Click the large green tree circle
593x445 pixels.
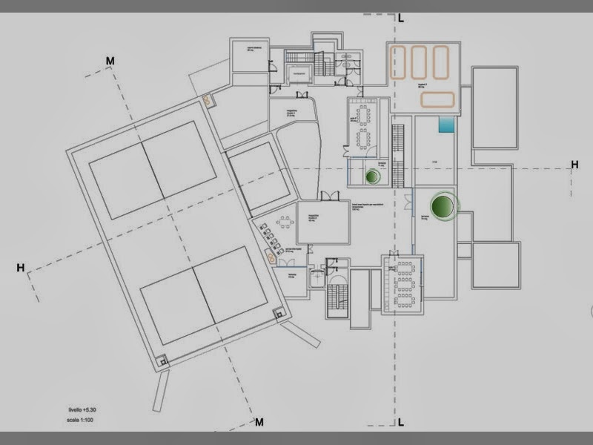click(x=443, y=205)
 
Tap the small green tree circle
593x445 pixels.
click(x=373, y=177)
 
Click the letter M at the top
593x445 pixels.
click(x=110, y=61)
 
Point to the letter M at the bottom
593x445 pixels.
click(x=259, y=423)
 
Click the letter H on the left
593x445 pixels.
click(x=21, y=268)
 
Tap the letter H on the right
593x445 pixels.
click(x=574, y=164)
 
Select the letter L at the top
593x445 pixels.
click(x=401, y=17)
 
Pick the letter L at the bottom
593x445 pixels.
click(x=400, y=423)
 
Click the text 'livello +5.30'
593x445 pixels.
click(x=79, y=409)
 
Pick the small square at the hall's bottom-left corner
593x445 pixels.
click(x=163, y=361)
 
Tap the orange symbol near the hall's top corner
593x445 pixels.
click(x=208, y=100)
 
